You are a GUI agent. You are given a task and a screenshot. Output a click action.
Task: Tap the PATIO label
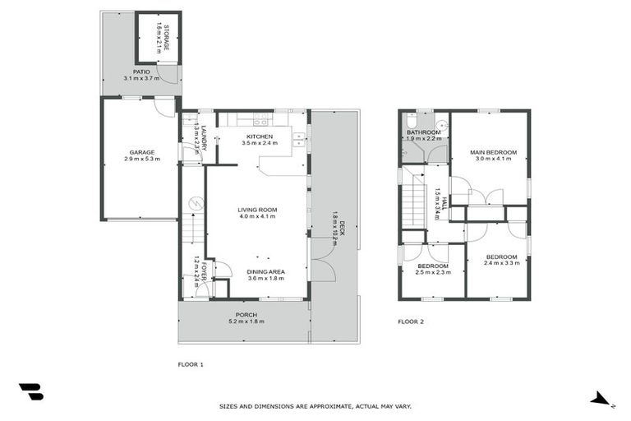click(142, 72)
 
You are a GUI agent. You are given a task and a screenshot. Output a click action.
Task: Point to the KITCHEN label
click(260, 136)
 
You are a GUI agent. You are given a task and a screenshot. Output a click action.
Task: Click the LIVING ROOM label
click(257, 210)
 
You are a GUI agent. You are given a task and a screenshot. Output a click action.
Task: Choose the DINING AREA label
click(265, 271)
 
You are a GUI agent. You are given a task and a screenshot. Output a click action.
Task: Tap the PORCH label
click(246, 315)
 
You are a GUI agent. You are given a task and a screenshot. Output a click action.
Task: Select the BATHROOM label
click(423, 132)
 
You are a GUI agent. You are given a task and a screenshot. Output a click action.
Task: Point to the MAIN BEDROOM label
click(493, 152)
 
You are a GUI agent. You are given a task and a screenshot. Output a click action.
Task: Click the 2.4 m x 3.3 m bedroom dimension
click(501, 263)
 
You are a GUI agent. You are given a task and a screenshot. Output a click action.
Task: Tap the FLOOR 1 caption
click(191, 363)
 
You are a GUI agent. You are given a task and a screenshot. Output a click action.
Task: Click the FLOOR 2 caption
click(411, 322)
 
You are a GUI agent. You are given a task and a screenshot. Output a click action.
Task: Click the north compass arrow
click(601, 399)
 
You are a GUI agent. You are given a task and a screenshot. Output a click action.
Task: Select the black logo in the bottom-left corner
click(30, 392)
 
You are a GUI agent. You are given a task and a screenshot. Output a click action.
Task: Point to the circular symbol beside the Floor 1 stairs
click(196, 204)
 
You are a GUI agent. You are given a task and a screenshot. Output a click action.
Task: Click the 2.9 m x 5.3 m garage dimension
click(141, 159)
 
